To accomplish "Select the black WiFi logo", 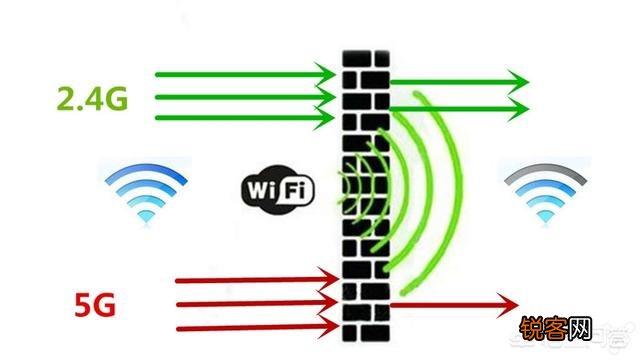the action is (x=276, y=190).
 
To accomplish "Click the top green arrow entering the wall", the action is (x=244, y=73).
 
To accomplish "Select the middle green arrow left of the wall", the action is (x=244, y=97).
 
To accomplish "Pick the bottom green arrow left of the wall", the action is (x=244, y=118).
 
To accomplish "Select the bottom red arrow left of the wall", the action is (x=258, y=325).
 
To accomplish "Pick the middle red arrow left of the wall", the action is (x=258, y=300).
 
